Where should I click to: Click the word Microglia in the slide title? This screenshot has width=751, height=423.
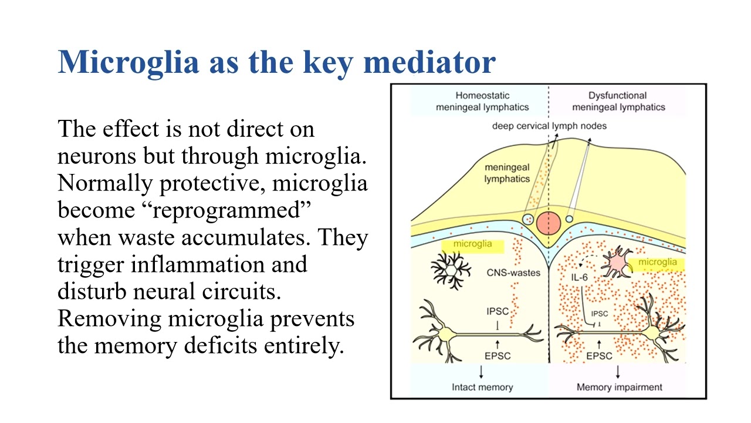coord(128,62)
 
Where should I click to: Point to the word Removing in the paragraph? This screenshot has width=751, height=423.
coord(110,318)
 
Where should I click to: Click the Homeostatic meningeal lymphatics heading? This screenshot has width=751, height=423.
coord(482,101)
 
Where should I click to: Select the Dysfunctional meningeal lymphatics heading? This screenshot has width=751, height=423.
coord(618,101)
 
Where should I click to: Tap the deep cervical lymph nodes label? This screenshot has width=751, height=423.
coord(549,126)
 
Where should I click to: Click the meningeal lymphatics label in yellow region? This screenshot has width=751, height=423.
coord(507,173)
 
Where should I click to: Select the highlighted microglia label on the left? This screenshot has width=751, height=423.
coord(472,244)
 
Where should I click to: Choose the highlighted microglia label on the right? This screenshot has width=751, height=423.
coord(657,262)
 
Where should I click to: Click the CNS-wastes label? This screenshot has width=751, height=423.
coord(513,273)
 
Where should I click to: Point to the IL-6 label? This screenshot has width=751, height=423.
coord(579,277)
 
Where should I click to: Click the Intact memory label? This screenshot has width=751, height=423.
coord(482,387)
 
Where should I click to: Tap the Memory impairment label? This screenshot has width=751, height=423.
coord(619,387)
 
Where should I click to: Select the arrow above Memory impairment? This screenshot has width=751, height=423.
coord(618,371)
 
